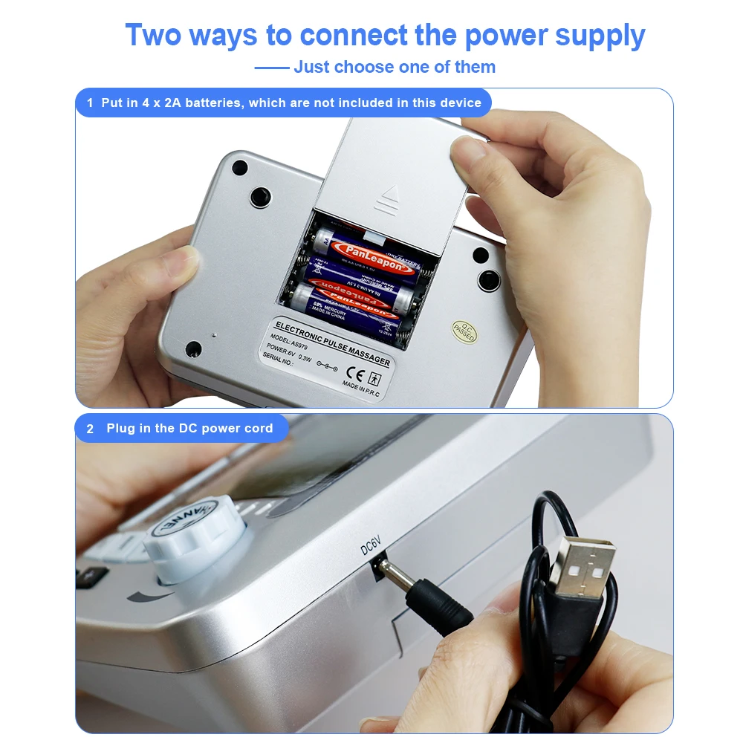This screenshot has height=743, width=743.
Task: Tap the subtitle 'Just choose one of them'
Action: pos(394,67)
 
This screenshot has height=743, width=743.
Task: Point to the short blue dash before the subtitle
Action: pos(271,68)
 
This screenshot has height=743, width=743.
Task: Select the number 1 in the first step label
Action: pos(90,103)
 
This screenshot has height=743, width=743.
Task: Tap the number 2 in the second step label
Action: pos(91,429)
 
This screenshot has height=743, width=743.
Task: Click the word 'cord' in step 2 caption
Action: pos(256,429)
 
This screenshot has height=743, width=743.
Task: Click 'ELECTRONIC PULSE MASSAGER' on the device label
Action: pos(332,343)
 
